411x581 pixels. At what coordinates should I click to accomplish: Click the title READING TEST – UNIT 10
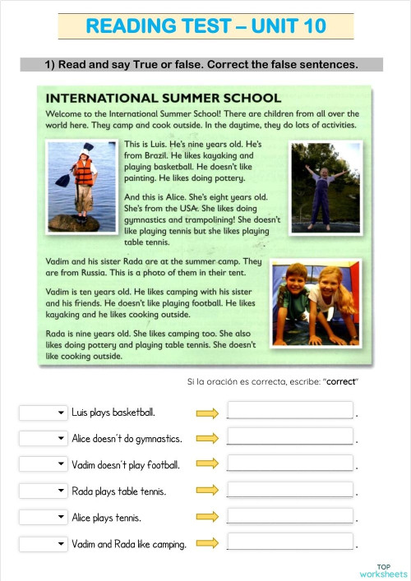205,26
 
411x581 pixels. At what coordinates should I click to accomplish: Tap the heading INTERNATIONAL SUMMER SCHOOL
164,98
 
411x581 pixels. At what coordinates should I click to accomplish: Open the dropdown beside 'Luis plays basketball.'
44,413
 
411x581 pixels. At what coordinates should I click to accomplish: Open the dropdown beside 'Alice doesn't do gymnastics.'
44,439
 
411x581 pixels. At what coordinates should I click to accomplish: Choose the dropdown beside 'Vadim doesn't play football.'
44,465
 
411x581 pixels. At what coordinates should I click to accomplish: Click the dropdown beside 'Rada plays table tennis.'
44,491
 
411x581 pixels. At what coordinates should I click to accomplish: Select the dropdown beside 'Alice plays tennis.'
44,518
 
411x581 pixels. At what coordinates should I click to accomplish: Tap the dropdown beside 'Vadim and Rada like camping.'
44,544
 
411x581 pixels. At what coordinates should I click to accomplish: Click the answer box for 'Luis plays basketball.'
289,412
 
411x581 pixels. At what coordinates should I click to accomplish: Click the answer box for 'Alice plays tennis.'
289,517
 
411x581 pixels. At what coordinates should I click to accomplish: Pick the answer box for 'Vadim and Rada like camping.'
289,543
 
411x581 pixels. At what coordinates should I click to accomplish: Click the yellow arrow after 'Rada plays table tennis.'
207,491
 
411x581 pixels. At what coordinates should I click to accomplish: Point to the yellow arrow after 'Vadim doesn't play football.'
207,465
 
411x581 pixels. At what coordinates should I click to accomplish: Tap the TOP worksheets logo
383,570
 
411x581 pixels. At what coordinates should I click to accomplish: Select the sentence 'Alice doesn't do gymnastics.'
127,439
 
